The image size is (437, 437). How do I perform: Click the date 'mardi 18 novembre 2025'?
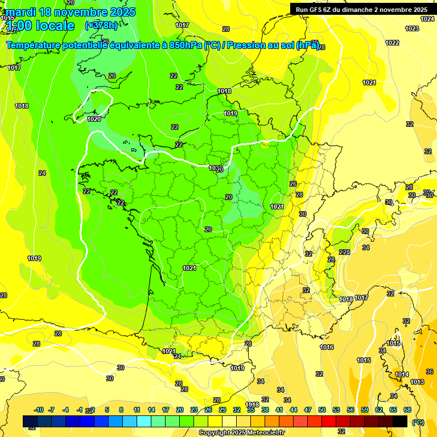coord(71,12)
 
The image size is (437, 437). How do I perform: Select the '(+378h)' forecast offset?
coord(101,25)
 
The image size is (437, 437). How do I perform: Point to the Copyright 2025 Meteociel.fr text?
coord(242,432)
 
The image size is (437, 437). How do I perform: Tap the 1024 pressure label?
coord(427,19)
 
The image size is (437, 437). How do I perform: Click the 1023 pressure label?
coord(411,28)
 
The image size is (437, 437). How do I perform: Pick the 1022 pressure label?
coord(392,43)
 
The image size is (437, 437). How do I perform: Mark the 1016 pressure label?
coord(327,347)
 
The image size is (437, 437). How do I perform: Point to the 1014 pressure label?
coord(402,374)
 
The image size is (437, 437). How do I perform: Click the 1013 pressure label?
coord(417,382)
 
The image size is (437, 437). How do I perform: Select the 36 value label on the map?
coord(430,372)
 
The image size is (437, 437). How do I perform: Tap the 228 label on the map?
coord(344,252)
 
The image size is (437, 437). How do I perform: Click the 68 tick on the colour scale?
coord(407,410)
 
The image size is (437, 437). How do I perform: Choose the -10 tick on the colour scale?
coord(39,410)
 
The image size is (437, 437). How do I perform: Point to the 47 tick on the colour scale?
coord(308,410)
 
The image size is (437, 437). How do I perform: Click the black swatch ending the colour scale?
coord(400,421)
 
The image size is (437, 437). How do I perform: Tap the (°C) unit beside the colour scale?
coord(418,422)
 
